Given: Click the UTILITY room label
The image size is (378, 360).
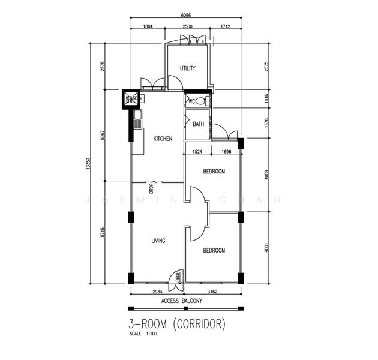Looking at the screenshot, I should pyautogui.click(x=188, y=68).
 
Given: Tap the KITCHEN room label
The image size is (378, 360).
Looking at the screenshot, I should pyautogui.click(x=163, y=139).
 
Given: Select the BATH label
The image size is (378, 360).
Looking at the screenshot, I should pyautogui.click(x=199, y=125).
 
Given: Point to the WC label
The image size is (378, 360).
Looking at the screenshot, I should pyautogui.click(x=192, y=101).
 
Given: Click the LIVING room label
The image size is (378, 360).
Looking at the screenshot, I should pyautogui.click(x=158, y=241).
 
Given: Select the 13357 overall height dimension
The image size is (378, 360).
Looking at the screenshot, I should pyautogui.click(x=88, y=163).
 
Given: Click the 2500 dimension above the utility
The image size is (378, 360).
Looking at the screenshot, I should pyautogui.click(x=187, y=27).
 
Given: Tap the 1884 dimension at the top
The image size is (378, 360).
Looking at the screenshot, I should pyautogui.click(x=148, y=27).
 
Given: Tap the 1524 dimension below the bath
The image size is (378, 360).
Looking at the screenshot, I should pyautogui.click(x=197, y=152).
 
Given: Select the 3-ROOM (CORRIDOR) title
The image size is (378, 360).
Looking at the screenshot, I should pyautogui.click(x=177, y=325).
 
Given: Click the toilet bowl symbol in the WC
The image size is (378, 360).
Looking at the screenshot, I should pyautogui.click(x=206, y=101).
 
